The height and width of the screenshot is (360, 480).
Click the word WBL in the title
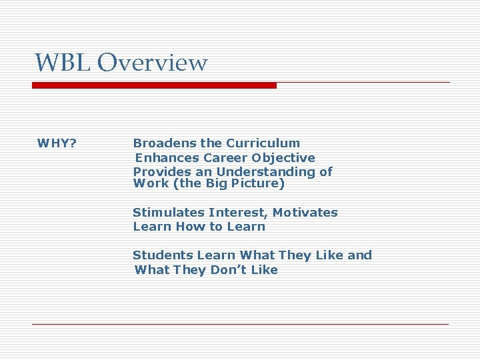63,63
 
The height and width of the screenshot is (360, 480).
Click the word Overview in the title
152,63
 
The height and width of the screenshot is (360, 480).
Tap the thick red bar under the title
154,85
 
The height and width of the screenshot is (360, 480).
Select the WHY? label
57,143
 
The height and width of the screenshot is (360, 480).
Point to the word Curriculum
263,143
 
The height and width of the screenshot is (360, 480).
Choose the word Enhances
167,158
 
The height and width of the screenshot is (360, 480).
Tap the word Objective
283,158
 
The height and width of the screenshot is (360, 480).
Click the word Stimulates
168,213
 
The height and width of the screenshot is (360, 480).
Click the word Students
161,255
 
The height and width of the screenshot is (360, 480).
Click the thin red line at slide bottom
240,324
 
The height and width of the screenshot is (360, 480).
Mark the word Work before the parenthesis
151,183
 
